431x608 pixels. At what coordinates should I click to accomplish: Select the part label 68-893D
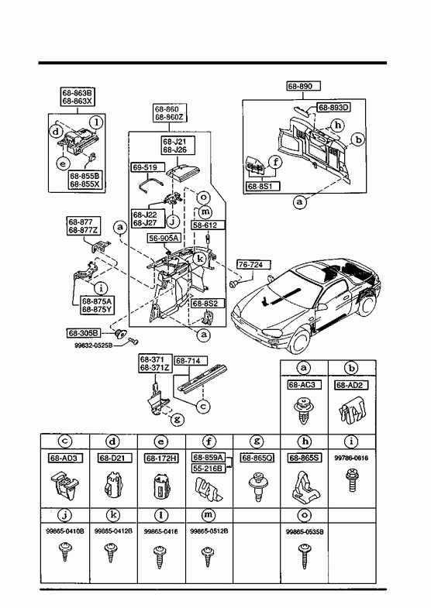point(333,108)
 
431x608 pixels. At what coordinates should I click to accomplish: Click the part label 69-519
point(145,167)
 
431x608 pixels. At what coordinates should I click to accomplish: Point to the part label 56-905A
point(164,238)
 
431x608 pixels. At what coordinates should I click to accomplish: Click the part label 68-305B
point(84,333)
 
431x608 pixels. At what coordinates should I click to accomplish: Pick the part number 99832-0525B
point(94,345)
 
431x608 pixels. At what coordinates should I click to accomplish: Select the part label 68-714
point(190,361)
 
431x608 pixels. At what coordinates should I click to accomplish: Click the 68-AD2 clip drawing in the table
point(352,412)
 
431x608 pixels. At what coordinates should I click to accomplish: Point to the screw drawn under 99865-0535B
point(304,556)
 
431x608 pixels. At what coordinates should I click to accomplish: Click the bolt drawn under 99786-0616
point(352,479)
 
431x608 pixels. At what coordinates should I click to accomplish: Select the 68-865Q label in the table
point(257,458)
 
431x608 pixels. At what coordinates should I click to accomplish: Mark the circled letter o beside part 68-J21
point(203,198)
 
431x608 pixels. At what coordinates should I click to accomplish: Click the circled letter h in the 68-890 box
point(338,125)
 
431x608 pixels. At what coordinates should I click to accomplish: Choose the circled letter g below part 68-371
point(177,419)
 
